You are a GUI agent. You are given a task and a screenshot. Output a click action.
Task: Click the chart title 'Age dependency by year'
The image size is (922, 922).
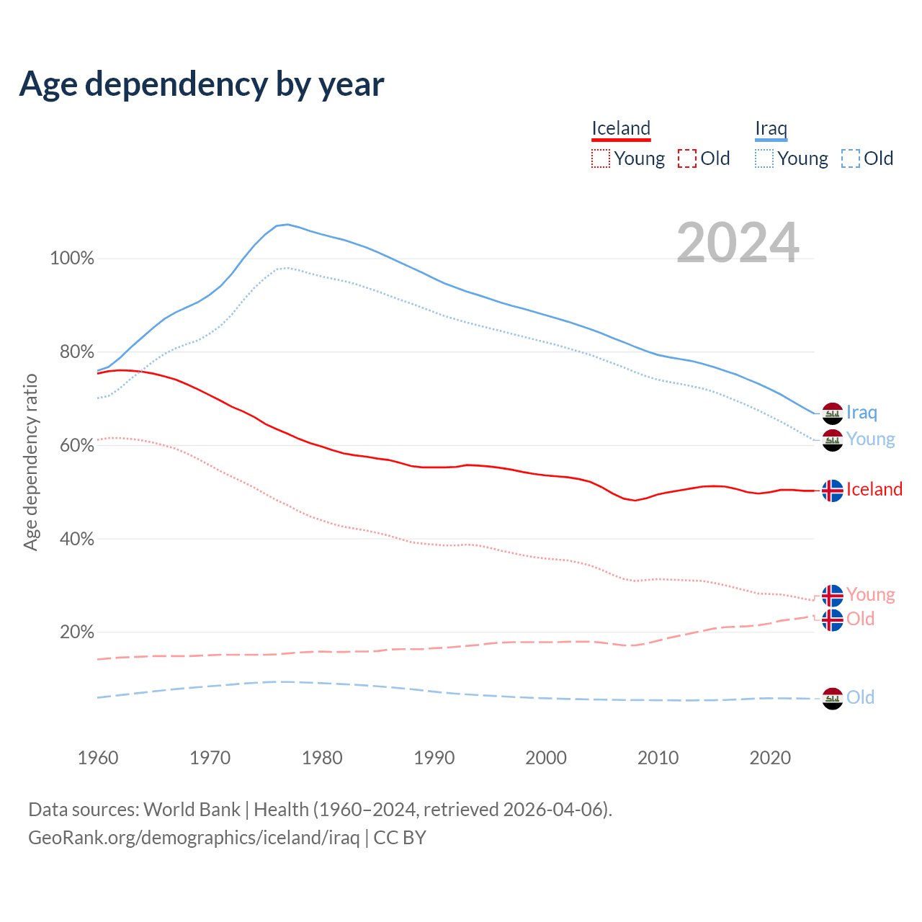coord(202,84)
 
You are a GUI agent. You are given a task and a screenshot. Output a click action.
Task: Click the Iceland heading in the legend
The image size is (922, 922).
coord(621,128)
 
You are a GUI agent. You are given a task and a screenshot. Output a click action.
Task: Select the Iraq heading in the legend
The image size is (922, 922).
coord(771,128)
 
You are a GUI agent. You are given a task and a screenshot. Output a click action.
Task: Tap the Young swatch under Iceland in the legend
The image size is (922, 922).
coord(600,158)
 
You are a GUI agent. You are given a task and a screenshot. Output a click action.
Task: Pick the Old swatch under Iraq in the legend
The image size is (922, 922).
coord(850,158)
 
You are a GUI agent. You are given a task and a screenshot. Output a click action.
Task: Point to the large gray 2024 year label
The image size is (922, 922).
coord(738,243)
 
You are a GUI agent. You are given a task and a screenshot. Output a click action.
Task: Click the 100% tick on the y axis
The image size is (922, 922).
coord(72,259)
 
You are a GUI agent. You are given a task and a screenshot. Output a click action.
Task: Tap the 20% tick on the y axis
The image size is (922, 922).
coord(76,632)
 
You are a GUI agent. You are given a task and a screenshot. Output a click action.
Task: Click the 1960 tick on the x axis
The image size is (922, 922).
coord(98,758)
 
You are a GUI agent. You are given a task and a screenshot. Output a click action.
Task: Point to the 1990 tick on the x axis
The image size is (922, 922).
coord(434,758)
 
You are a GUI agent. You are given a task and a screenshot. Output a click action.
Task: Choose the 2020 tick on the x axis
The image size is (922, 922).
coord(770,758)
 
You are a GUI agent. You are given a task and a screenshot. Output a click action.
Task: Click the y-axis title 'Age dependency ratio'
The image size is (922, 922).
coord(30,462)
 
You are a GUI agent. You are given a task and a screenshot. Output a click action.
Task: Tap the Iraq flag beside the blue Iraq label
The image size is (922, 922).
coord(833,413)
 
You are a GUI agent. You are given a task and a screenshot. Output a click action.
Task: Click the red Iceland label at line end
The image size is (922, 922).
coord(874,489)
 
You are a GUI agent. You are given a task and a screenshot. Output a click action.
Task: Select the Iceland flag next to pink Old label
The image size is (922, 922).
coord(833,619)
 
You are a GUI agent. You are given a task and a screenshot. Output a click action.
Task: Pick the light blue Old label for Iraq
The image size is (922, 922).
coord(860,697)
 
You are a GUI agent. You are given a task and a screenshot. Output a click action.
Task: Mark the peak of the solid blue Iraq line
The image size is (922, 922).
coord(287,224)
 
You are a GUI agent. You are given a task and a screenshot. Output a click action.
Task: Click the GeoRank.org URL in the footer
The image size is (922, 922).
coord(194,838)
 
